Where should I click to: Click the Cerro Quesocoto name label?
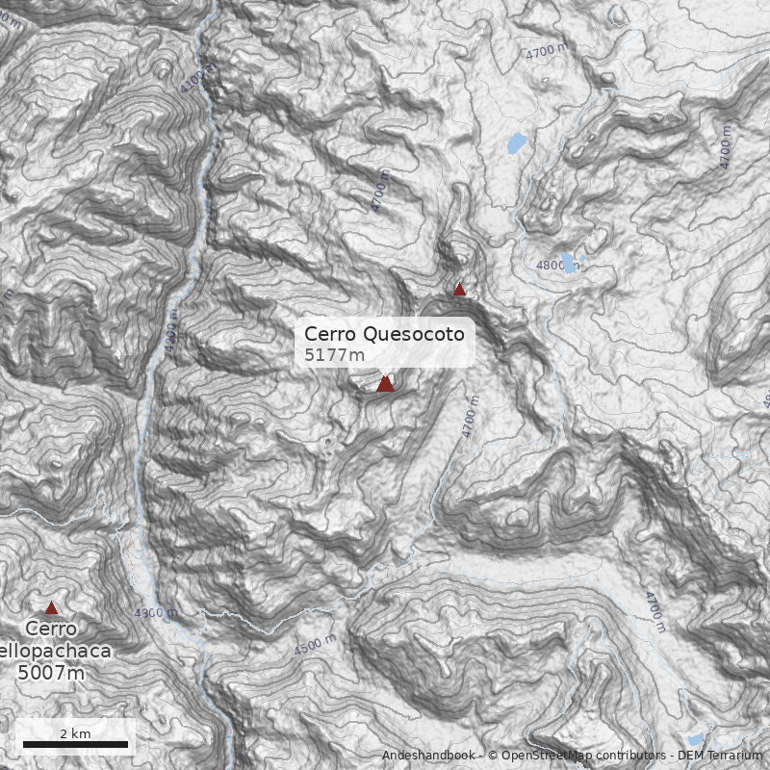(384, 334)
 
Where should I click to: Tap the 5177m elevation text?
(335, 355)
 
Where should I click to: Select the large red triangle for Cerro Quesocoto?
(385, 384)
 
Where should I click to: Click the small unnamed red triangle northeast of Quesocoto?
(460, 289)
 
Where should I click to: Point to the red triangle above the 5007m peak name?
(51, 607)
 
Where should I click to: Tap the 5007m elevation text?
(51, 672)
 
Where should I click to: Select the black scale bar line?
(75, 744)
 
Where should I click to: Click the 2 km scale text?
(75, 733)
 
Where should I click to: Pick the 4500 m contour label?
(315, 645)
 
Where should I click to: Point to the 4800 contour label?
(551, 265)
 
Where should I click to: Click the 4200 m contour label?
(171, 333)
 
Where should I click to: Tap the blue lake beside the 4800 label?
(570, 262)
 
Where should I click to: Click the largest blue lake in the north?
(518, 144)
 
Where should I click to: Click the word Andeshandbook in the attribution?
(427, 756)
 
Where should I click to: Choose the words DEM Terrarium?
(719, 756)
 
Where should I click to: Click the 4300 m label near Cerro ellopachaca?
(155, 613)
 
